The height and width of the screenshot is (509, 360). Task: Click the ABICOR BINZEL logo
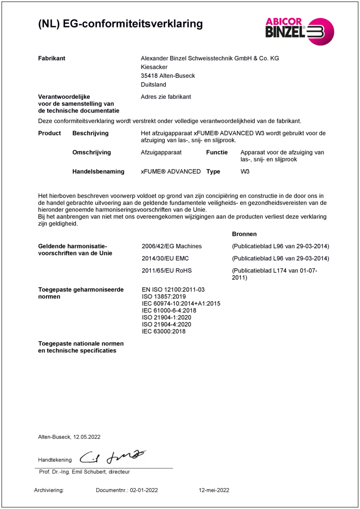pyautogui.click(x=299, y=31)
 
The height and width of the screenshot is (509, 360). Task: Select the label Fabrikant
pyautogui.click(x=52, y=58)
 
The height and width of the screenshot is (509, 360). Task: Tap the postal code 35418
pyautogui.click(x=149, y=76)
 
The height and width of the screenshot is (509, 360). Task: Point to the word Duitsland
pyautogui.click(x=153, y=85)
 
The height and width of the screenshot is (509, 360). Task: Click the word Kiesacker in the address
pyautogui.click(x=154, y=67)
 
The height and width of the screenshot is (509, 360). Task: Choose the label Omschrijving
pyautogui.click(x=91, y=153)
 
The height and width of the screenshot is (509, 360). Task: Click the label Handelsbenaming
pyautogui.click(x=98, y=171)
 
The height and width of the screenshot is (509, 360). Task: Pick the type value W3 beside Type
pyautogui.click(x=245, y=171)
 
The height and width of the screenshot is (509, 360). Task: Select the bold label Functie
pyautogui.click(x=217, y=153)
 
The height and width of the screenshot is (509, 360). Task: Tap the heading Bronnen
pyautogui.click(x=244, y=234)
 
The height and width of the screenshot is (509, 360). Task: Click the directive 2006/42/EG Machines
pyautogui.click(x=171, y=246)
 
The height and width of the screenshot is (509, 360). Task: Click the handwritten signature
pyautogui.click(x=112, y=457)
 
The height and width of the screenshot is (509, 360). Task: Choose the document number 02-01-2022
pyautogui.click(x=144, y=490)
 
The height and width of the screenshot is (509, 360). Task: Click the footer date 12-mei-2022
pyautogui.click(x=214, y=490)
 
